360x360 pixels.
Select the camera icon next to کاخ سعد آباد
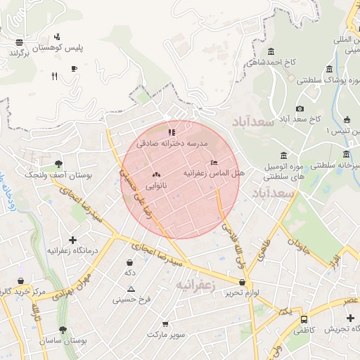coord(300,108)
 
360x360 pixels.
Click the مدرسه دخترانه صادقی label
coord(172,143)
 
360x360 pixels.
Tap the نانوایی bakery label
coord(155,186)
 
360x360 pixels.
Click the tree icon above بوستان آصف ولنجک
coord(58,163)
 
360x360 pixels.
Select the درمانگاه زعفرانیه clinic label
coord(72,250)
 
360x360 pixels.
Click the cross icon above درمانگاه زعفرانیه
coord(72,240)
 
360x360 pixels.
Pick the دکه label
coord(129,272)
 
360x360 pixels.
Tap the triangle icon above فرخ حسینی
coord(131,289)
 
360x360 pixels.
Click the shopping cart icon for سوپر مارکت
coord(165,324)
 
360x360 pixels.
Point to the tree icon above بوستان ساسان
coord(63,329)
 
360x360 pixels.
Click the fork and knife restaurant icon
coord(54,77)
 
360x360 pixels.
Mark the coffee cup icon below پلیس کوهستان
coord(74,68)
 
